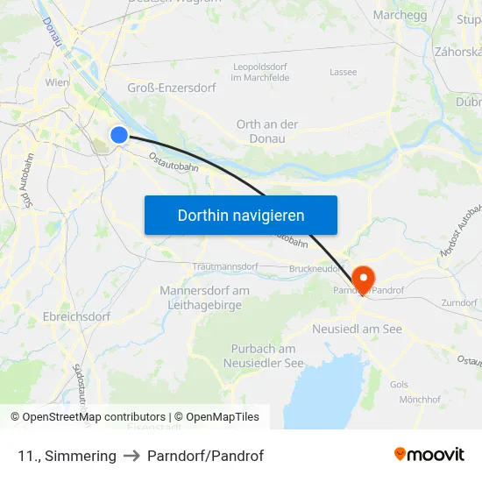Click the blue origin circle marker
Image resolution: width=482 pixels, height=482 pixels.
(119, 134)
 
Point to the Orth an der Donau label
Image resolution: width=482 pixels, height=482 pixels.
(267, 131)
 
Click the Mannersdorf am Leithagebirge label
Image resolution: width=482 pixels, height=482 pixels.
(204, 297)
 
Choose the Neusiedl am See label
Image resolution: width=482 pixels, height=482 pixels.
(357, 329)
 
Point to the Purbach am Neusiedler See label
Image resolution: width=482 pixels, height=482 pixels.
(263, 356)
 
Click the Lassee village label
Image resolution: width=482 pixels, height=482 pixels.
(343, 72)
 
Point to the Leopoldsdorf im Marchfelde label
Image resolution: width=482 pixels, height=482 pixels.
(261, 72)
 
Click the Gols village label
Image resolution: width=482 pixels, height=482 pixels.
(399, 384)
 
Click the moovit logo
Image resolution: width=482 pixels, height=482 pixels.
(429, 455)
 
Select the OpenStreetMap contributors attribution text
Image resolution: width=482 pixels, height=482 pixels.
(87, 417)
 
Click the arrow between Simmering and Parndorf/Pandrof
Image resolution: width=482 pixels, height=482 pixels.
(131, 456)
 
